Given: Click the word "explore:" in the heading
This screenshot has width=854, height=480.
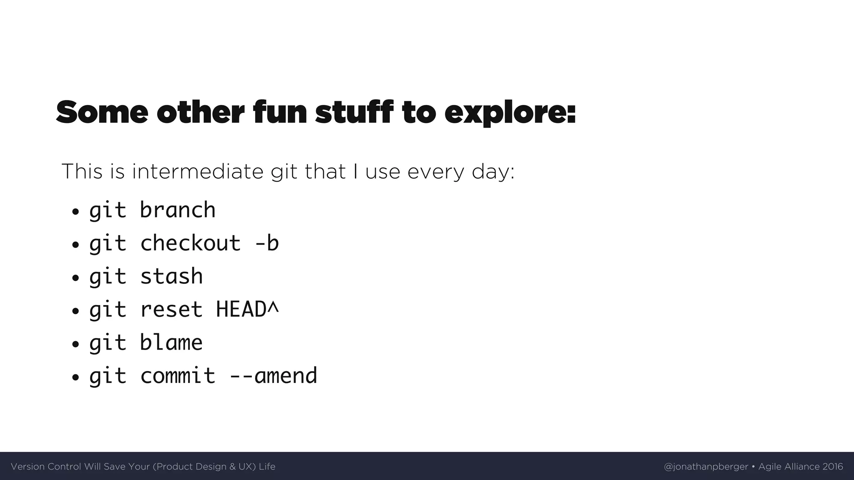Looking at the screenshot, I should tap(510, 112).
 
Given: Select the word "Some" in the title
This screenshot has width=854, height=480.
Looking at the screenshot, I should tap(102, 112).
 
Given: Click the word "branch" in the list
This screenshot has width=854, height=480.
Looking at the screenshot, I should tap(178, 210).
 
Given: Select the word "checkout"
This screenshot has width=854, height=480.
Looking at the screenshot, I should tap(191, 243).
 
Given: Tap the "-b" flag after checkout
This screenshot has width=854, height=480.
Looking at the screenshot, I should tap(266, 243).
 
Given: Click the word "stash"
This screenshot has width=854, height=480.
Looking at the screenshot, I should tap(171, 276).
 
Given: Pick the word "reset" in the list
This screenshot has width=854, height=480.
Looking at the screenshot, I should tap(171, 310).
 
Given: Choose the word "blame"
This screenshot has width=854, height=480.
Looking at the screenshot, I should tap(171, 342).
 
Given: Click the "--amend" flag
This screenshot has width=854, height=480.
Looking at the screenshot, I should tap(273, 376).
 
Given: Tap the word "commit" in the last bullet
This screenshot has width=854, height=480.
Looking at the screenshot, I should tap(178, 376).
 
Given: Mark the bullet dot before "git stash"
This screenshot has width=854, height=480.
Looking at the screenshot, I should tap(75, 278).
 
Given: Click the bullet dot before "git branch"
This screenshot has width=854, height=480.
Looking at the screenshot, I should tap(75, 212).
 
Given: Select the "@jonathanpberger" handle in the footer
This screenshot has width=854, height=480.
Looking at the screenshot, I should tap(706, 467).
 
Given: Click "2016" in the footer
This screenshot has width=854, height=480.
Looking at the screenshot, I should tap(833, 467).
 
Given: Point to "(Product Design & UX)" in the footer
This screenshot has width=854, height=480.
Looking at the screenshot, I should tap(204, 467).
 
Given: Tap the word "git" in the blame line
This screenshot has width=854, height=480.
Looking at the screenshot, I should tap(108, 343).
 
